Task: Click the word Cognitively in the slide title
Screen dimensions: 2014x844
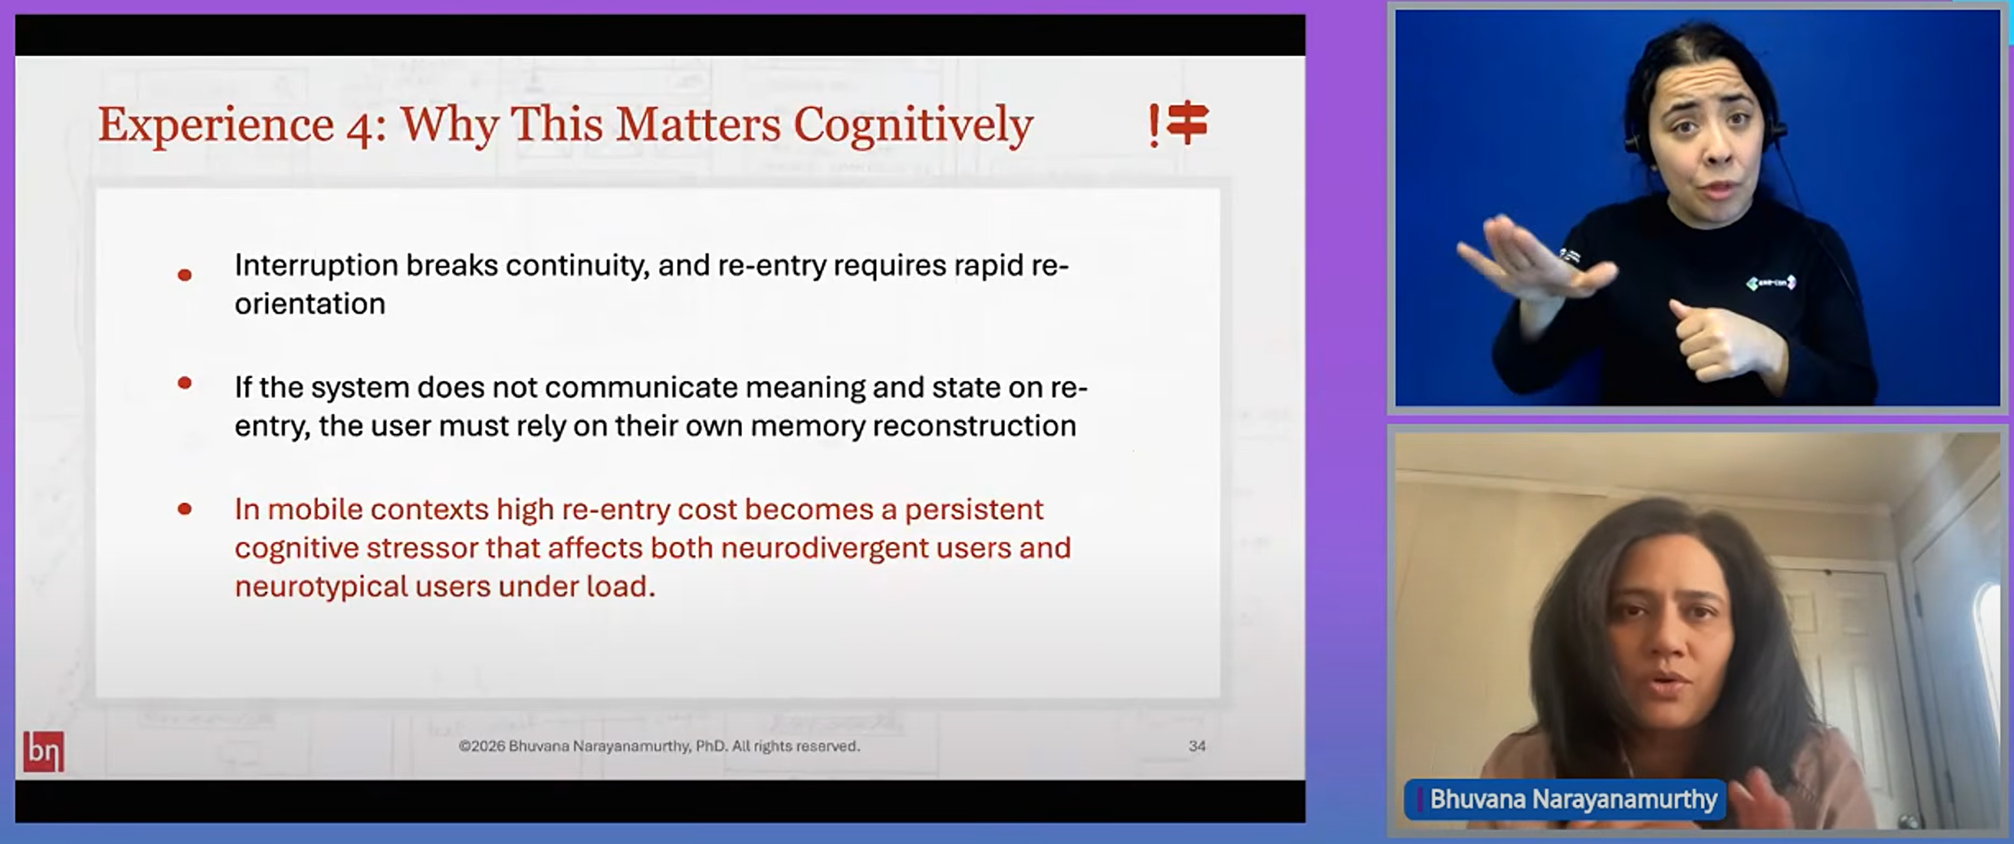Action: pyautogui.click(x=913, y=125)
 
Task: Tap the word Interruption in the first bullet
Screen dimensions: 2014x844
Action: pyautogui.click(x=317, y=266)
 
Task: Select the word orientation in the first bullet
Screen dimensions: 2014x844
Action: pyautogui.click(x=309, y=304)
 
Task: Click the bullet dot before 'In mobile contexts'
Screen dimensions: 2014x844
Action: pyautogui.click(x=185, y=509)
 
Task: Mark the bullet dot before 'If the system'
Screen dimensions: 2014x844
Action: pyautogui.click(x=185, y=383)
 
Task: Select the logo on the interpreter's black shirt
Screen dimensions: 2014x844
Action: pyautogui.click(x=1770, y=282)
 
